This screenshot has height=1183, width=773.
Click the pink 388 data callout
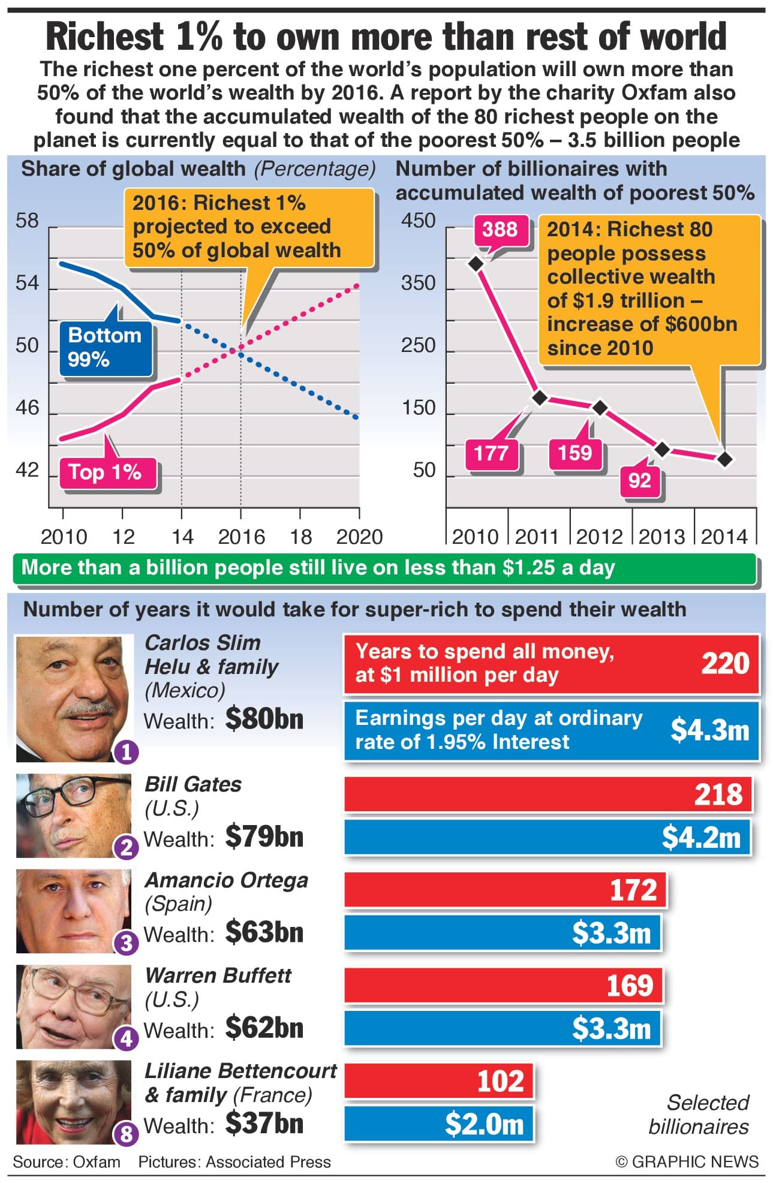500,230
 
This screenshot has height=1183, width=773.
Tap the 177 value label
492,453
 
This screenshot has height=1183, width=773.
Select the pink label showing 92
640,480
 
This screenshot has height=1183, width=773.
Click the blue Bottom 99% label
105,348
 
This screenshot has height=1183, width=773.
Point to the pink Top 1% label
106,472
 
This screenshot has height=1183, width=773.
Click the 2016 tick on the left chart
241,537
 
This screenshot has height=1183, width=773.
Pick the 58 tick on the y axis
27,221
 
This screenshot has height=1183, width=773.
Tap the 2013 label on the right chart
662,537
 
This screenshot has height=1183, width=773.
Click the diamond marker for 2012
600,408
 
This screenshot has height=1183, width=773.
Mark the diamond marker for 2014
724,459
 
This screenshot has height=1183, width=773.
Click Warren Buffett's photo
73,1007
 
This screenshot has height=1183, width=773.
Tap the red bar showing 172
504,890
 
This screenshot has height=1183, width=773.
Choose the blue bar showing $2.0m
438,1124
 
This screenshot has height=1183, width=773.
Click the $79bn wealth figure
264,837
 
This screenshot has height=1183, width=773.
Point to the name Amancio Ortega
226,880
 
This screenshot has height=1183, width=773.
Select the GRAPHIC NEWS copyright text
687,1162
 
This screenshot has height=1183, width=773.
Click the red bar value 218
718,794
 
